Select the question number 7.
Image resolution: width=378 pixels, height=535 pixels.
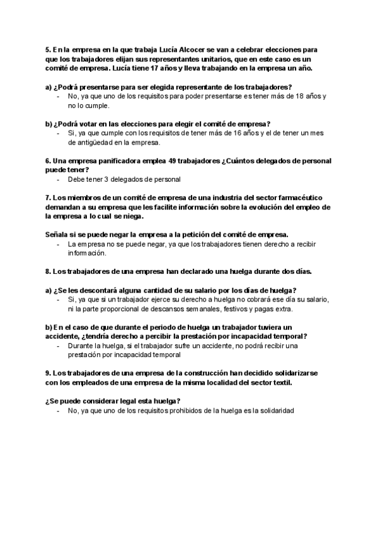pyautogui.click(x=48, y=197)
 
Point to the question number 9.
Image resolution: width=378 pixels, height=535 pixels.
pyautogui.click(x=48, y=373)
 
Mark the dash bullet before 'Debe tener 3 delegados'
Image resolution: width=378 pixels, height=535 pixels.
pyautogui.click(x=59, y=179)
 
